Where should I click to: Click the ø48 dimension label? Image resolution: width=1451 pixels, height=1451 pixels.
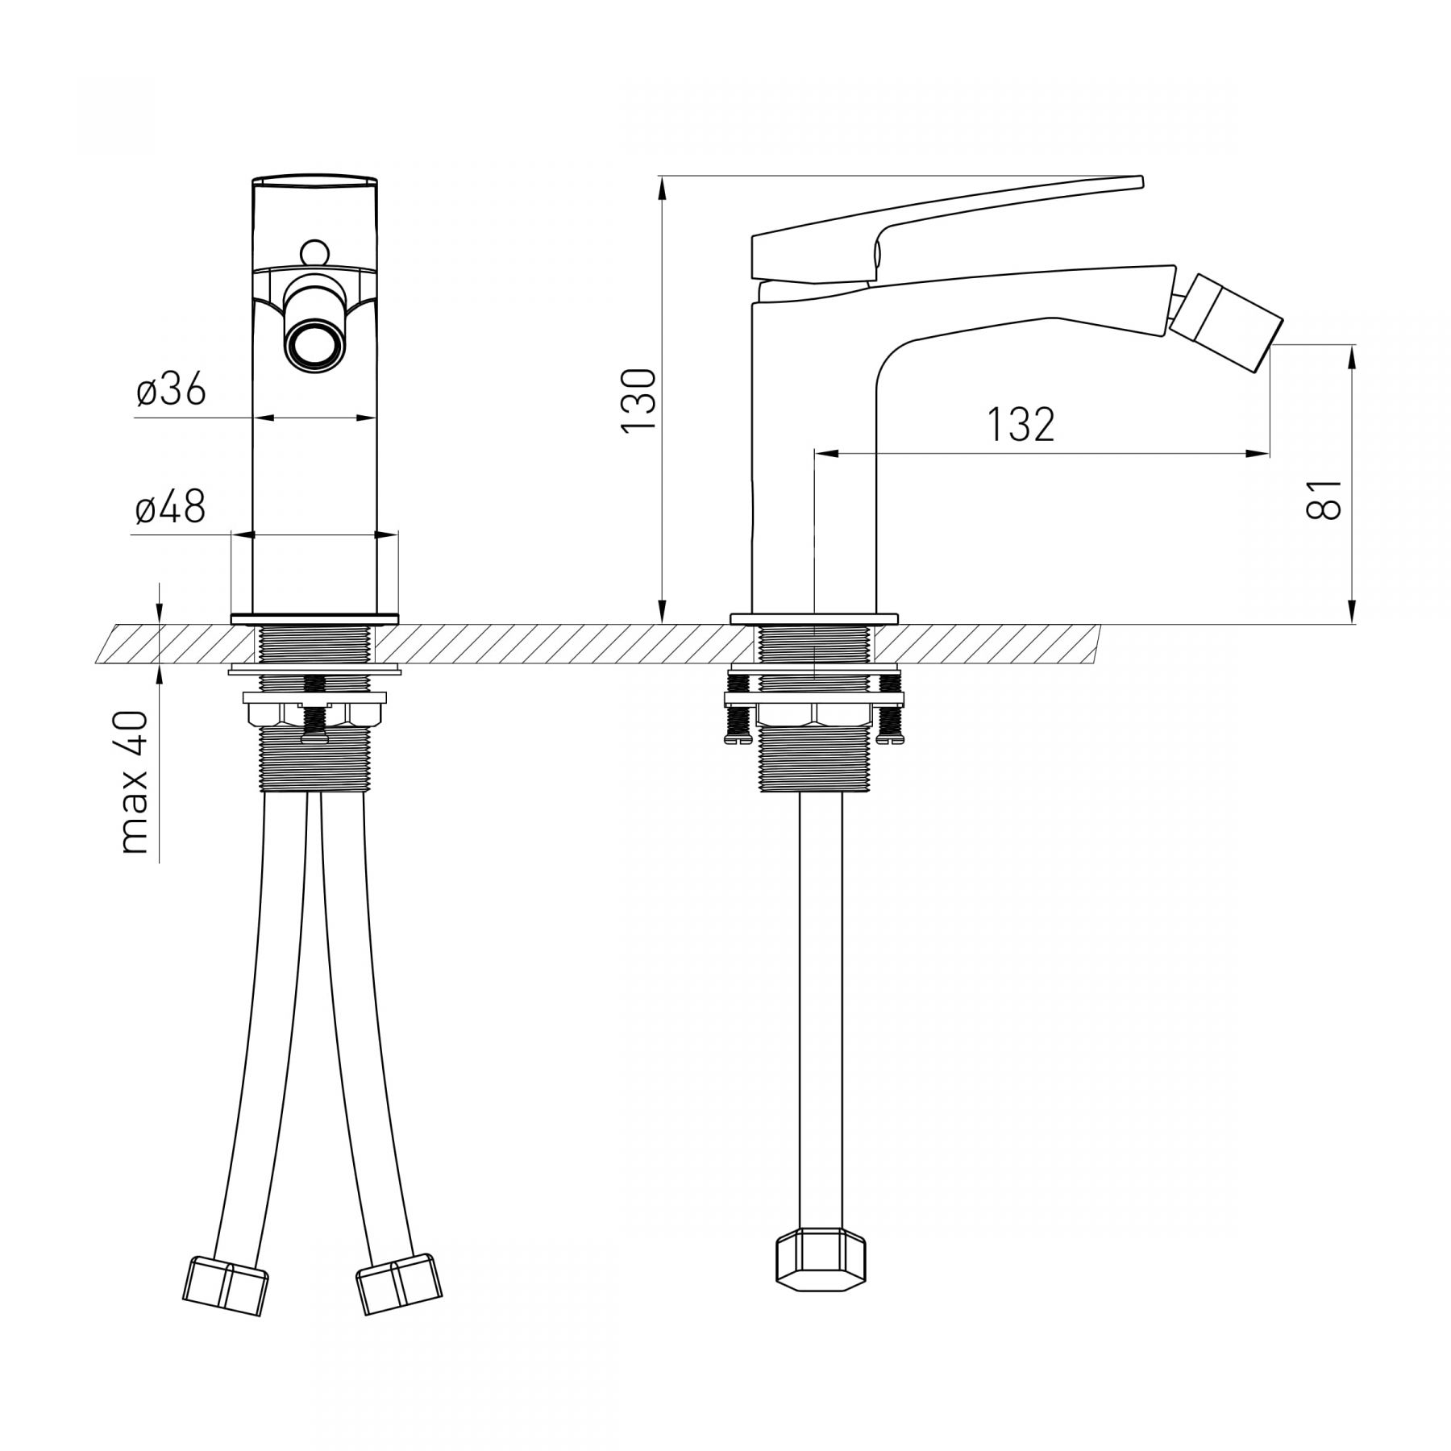171,508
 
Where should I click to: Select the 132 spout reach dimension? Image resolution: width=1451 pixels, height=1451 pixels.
1021,425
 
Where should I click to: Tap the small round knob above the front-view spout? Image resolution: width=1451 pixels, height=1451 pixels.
315,253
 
